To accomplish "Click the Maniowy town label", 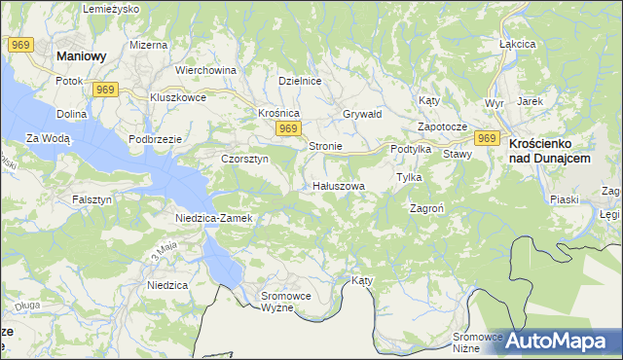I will coord(82,56).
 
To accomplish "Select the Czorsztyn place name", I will coord(244,159).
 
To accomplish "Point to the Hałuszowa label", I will coord(339,185).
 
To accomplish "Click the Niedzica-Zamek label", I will coord(214,218).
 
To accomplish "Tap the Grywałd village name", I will coord(362,113).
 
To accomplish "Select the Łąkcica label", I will coord(518,45).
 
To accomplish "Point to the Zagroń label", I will coord(428,208).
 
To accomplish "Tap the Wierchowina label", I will coord(205,70).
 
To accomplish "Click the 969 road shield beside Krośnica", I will coord(286,128).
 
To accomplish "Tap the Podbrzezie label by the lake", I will coord(156,139).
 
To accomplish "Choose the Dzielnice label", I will coord(300,81).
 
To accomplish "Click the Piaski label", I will coord(565,199).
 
